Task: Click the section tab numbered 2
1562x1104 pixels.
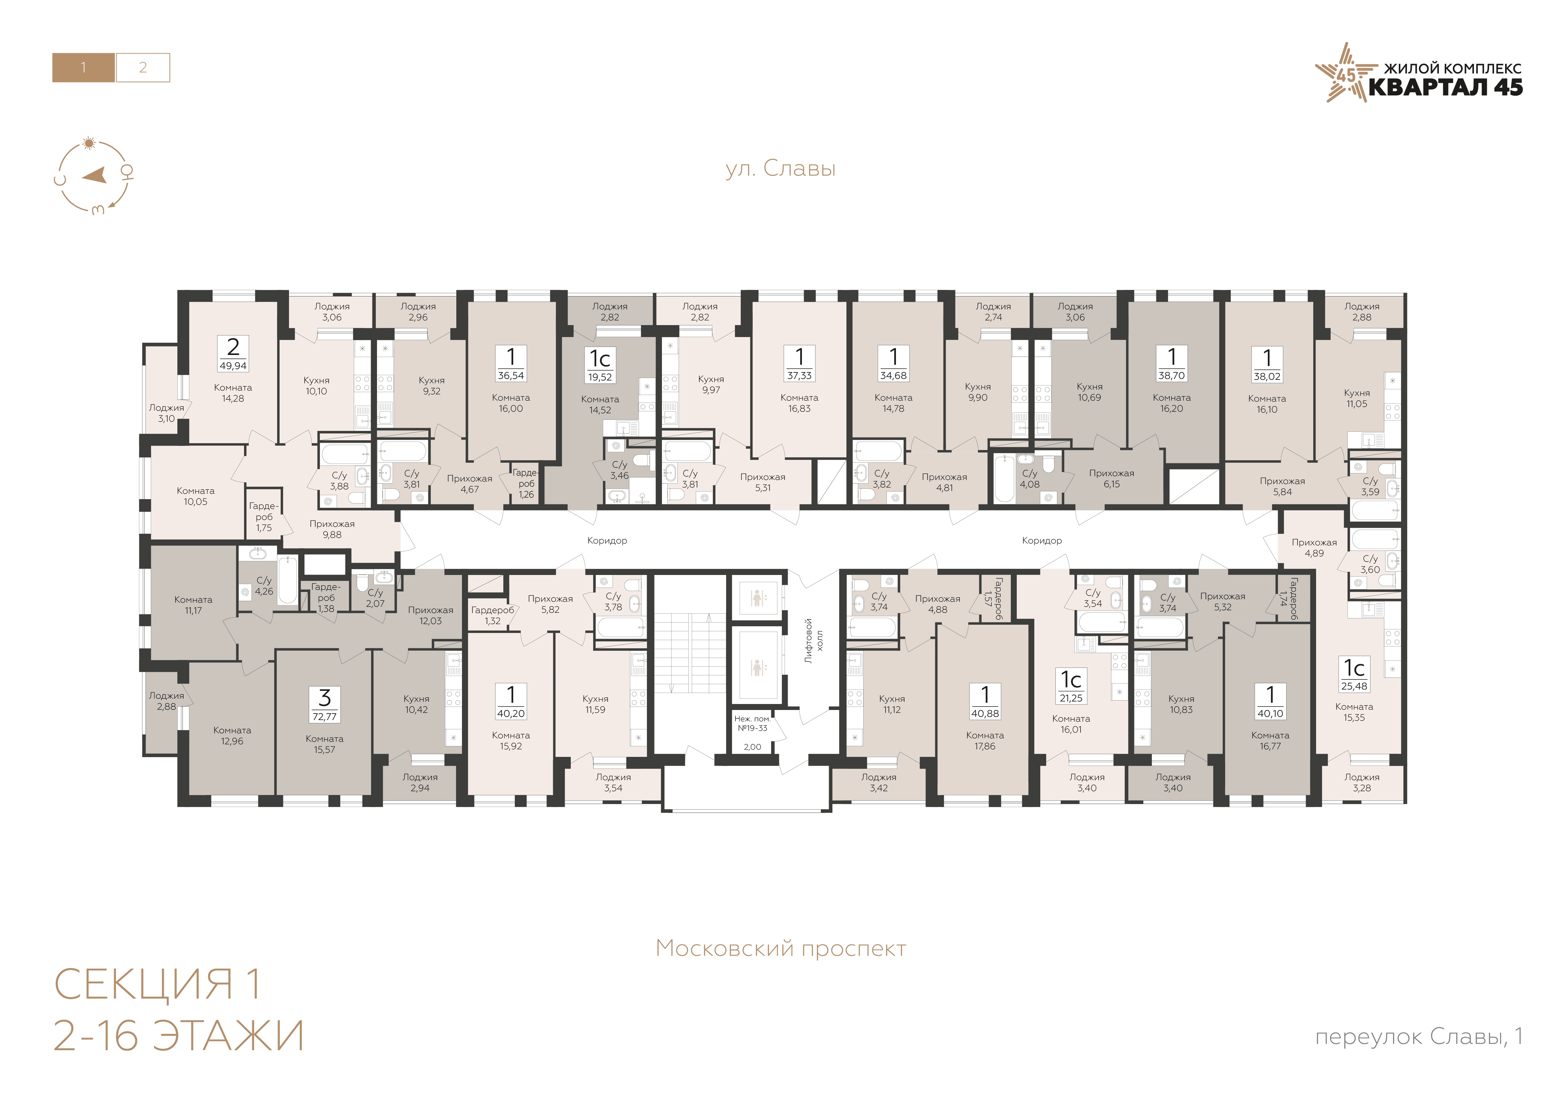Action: coord(143,67)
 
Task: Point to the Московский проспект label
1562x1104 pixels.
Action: coord(781,948)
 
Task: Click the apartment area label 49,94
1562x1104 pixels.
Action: coord(233,365)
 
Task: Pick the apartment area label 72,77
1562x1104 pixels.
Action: coord(325,717)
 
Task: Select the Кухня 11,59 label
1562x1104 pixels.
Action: coord(595,704)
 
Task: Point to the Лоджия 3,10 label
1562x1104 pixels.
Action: coord(167,413)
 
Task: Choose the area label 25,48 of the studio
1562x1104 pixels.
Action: coord(1354,686)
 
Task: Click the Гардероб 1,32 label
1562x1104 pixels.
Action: coord(492,615)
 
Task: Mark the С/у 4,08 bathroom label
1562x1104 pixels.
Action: coord(1029,478)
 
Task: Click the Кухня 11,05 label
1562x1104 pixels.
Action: coord(1357,398)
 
